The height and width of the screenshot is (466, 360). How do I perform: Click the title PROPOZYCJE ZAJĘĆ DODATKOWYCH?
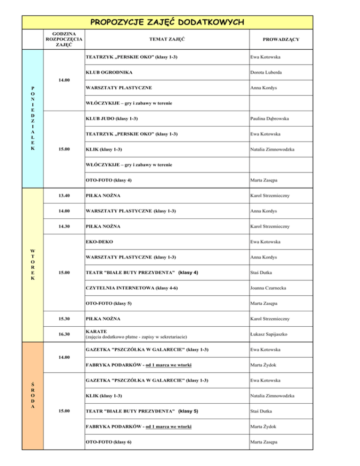click(x=167, y=22)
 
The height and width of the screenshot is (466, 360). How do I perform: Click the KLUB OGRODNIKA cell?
click(x=109, y=73)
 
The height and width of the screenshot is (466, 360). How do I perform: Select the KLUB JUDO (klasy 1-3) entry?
click(x=112, y=118)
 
